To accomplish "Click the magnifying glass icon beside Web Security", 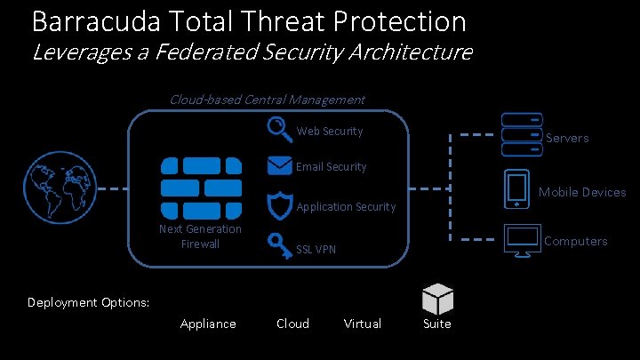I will coord(279,130).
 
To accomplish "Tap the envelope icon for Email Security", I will coord(279,165).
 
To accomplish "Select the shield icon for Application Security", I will coord(279,204).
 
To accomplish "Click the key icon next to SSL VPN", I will coord(279,245).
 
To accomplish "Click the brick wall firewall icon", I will coord(200,187).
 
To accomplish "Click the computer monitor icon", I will coord(521,242).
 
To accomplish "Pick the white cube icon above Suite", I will coord(438,297).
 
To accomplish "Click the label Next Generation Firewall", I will coord(200,236).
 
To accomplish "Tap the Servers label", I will coord(566,138).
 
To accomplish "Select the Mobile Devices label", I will coord(582,192).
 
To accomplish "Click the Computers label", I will coord(575,241).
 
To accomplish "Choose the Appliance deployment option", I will coord(208,324).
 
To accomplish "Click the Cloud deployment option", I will coord(292,324).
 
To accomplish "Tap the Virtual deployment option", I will coord(363,324).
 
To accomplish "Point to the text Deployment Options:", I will coord(88,302).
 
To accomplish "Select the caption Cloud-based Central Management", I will coord(267,99).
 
